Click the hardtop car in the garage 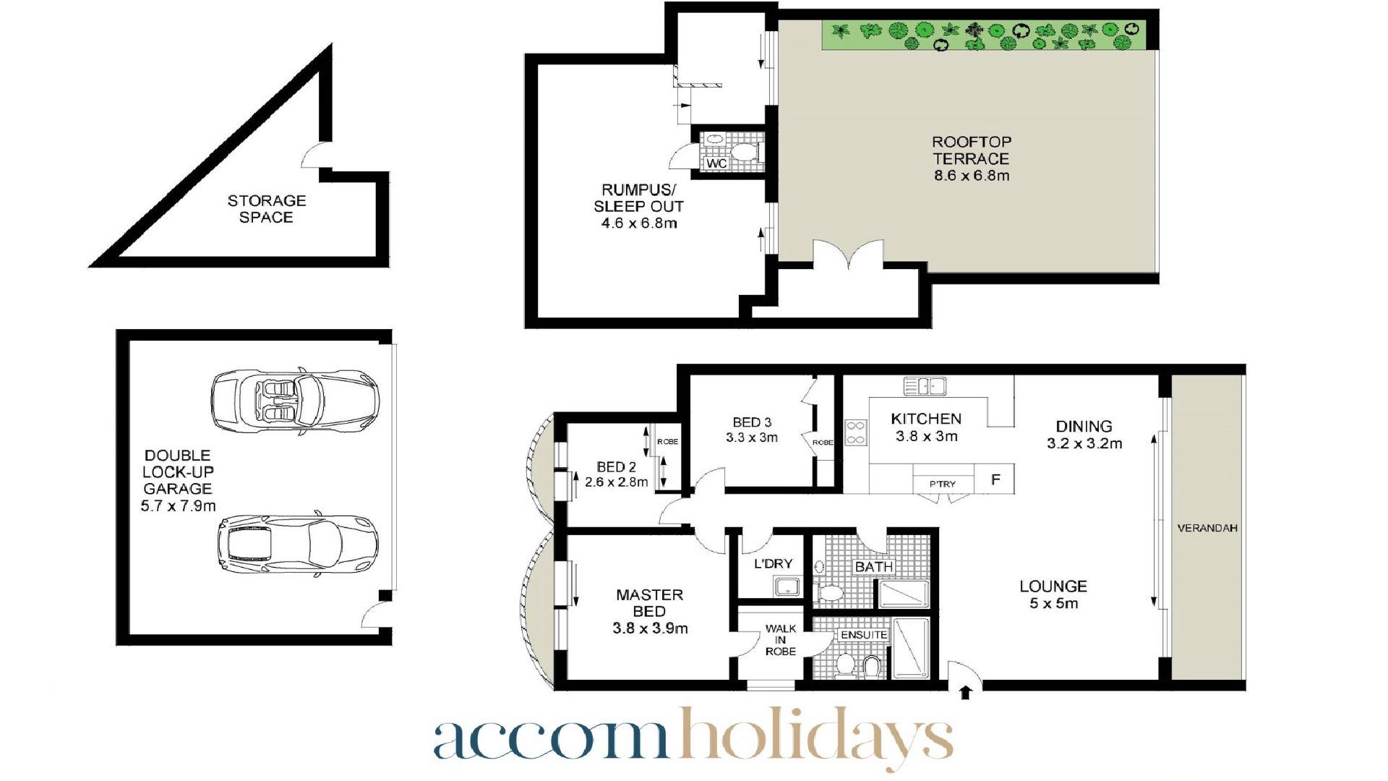click(x=298, y=543)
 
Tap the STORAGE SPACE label click(x=267, y=209)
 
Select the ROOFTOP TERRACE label click(x=972, y=150)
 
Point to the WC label click(x=716, y=163)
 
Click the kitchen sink click(x=925, y=386)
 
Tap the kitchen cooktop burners click(x=856, y=432)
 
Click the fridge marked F click(x=995, y=479)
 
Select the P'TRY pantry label click(x=943, y=484)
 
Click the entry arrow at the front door click(x=965, y=693)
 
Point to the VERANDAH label click(x=1207, y=528)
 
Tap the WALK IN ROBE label click(x=781, y=640)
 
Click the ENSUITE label click(x=864, y=635)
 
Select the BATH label click(x=874, y=567)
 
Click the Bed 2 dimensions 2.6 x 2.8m click(x=617, y=482)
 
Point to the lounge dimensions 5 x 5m click(x=1054, y=603)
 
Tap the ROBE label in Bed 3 click(x=823, y=443)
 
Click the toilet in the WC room click(x=743, y=153)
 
